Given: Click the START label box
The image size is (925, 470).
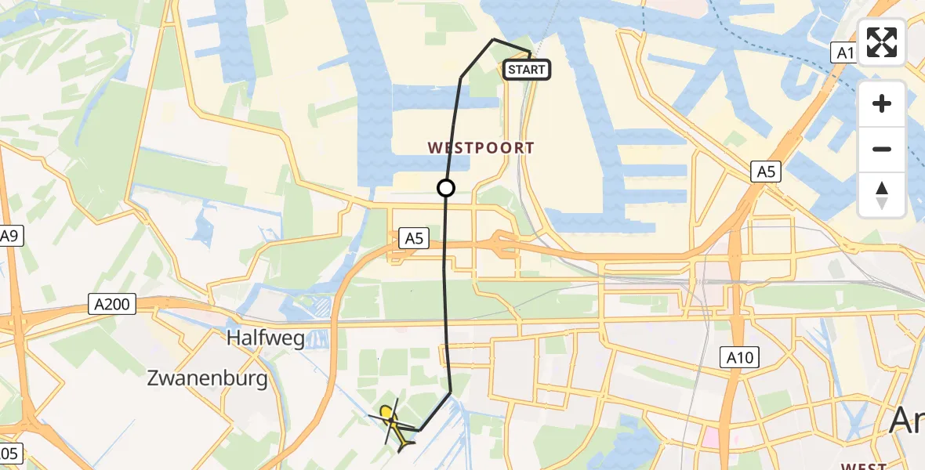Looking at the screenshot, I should (526, 70).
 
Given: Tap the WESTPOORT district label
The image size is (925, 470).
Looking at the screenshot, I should (481, 147).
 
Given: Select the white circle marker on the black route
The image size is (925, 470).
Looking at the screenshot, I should (446, 188).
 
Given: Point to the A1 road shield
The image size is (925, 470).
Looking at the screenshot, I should (842, 52).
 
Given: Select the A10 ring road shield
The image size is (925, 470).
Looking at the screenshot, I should (738, 359).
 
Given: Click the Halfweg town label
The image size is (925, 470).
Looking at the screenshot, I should (266, 339).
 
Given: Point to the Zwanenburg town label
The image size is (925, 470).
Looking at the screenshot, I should (207, 380).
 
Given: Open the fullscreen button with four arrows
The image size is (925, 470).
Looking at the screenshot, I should (882, 42).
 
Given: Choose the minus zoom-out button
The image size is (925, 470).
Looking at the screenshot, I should (882, 149).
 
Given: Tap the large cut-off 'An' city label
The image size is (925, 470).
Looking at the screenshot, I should (907, 422).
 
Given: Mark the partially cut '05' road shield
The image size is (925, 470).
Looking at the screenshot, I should (9, 453).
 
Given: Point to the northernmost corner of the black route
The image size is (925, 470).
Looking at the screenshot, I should (493, 39).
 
